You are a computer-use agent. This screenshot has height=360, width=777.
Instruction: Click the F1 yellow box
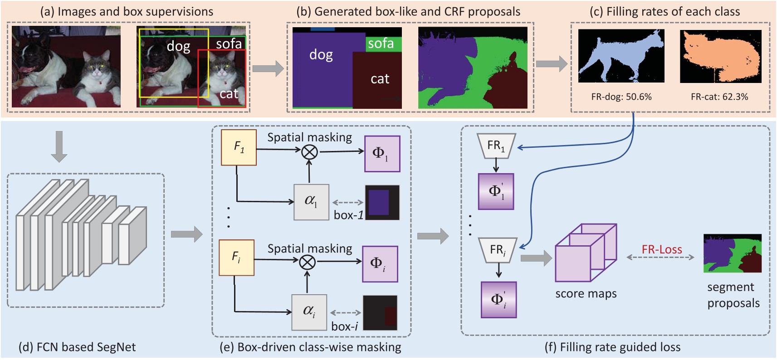(239, 147)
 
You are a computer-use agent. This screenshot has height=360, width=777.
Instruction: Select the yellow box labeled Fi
(236, 258)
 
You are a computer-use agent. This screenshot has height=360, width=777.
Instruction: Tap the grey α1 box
(311, 202)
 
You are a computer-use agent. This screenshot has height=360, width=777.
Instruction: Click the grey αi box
(309, 312)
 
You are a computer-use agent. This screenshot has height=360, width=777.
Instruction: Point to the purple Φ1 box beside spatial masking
(382, 154)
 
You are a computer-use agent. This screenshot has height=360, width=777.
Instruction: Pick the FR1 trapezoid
(496, 146)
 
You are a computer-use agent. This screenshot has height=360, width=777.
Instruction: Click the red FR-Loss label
(661, 249)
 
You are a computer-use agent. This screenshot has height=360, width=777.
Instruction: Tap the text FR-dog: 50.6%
(621, 97)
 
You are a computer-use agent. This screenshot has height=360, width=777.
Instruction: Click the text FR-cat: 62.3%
(719, 97)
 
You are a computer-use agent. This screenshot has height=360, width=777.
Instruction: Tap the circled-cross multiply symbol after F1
(310, 152)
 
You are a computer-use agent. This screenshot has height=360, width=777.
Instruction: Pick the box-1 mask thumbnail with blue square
(382, 202)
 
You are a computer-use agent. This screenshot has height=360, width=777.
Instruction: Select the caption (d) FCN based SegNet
(77, 347)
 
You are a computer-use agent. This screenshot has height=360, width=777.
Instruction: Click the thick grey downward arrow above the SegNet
(59, 146)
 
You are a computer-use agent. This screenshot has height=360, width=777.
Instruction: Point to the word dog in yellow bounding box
(178, 46)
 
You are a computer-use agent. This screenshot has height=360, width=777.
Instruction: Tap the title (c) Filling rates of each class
(665, 12)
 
